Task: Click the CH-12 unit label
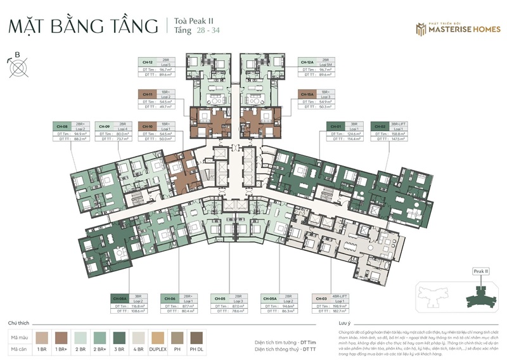pyautogui.click(x=147, y=61)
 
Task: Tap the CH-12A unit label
pyautogui.click(x=307, y=61)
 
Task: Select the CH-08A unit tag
pyautogui.click(x=120, y=298)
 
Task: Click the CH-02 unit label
pyautogui.click(x=380, y=126)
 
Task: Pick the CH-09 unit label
pyautogui.click(x=105, y=126)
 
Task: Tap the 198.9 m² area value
pyautogui.click(x=349, y=305)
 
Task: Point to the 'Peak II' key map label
pyautogui.click(x=481, y=271)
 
